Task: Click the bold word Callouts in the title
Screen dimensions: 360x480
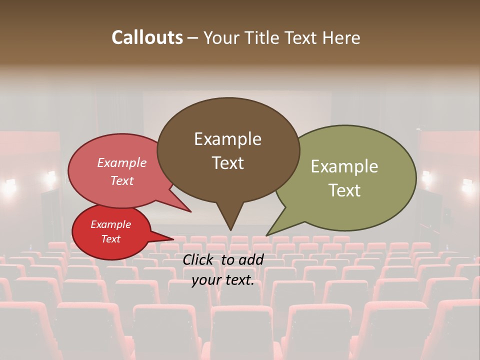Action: (147, 37)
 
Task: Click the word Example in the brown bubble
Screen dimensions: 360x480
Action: (227, 139)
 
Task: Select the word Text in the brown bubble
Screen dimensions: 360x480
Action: (227, 163)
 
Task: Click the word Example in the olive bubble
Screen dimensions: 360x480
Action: (344, 166)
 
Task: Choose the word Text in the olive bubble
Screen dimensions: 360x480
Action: (344, 190)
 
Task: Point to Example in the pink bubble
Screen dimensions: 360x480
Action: (122, 163)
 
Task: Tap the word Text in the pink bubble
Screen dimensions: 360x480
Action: (122, 180)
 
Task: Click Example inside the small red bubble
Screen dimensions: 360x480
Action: (110, 224)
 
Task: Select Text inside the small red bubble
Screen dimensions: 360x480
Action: (110, 239)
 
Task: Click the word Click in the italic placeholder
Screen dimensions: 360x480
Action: (198, 259)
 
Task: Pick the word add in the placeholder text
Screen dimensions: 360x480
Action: (251, 259)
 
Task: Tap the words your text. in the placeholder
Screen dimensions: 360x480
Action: (222, 280)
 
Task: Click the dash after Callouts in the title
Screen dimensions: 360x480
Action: (193, 38)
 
